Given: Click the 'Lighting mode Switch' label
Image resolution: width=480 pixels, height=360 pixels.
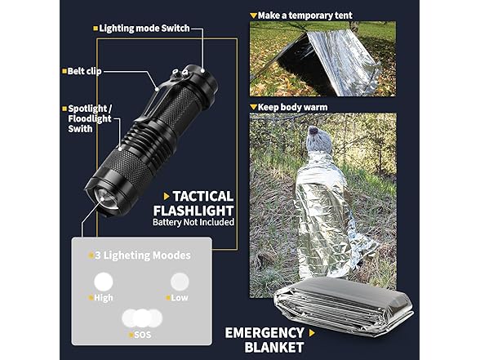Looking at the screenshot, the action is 144,29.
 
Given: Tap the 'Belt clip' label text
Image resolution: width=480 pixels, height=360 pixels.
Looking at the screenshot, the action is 84,71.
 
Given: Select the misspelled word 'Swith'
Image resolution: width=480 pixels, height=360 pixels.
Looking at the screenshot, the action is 80,129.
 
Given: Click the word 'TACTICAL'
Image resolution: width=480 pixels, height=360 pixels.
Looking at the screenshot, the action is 203,197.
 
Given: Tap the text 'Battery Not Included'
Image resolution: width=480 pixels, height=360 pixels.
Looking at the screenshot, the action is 193,222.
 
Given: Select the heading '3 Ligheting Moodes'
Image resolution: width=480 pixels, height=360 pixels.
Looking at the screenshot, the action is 143,256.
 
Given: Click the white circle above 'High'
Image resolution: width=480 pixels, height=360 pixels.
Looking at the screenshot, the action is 104,282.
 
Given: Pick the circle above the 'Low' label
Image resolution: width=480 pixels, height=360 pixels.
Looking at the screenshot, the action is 180,282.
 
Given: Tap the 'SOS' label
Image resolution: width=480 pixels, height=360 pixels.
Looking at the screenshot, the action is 143,335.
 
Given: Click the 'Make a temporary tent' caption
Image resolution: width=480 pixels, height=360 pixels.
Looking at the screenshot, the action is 305,16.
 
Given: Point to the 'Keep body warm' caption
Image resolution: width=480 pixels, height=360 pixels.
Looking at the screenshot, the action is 292,107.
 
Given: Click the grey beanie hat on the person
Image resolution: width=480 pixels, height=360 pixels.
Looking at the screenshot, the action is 318,140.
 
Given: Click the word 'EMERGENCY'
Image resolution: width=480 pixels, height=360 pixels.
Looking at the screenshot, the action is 264,333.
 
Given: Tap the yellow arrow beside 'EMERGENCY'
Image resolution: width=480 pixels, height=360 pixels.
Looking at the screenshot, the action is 312,333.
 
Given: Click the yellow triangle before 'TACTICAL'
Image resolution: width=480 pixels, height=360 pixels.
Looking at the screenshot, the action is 167,197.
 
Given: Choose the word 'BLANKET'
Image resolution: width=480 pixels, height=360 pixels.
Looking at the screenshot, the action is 274,348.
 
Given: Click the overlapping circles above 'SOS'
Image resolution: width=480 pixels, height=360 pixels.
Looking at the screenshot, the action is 142,318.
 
